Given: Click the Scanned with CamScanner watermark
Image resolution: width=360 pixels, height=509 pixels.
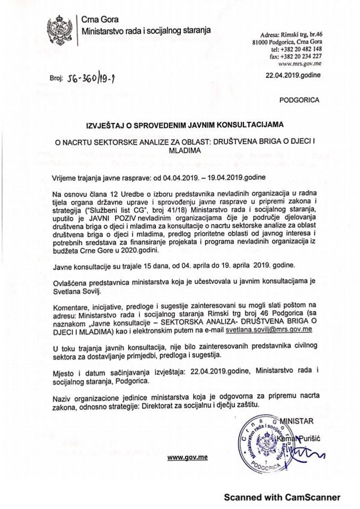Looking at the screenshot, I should [x=281, y=498].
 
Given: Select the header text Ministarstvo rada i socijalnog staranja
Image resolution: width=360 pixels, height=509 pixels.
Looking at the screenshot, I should [x=146, y=31].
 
